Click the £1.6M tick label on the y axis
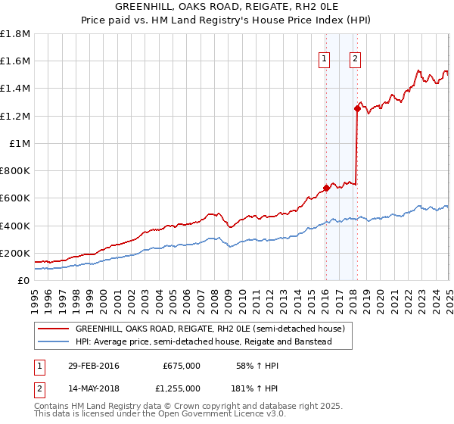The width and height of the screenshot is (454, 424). [x=15, y=61]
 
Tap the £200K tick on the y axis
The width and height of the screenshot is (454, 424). [x=15, y=253]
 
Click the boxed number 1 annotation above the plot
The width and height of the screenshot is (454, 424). [x=325, y=59]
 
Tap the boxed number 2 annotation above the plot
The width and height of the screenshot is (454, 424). [x=355, y=59]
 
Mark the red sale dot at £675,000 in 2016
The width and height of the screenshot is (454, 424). [x=326, y=188]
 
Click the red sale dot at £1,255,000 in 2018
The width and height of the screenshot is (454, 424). [x=356, y=108]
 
